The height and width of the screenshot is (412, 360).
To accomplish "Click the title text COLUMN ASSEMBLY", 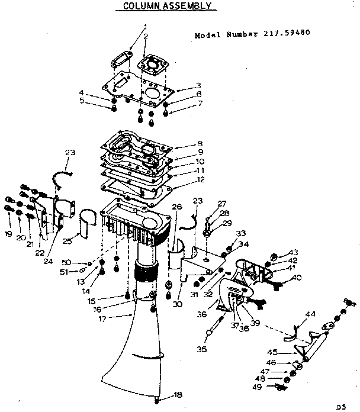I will (x=166, y=7).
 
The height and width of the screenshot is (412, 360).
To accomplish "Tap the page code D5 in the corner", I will (x=340, y=407).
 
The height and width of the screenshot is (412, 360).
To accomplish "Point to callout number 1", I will (x=145, y=26).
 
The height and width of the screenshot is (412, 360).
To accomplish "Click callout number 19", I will (x=8, y=234).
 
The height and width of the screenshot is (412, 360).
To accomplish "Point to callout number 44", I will (x=310, y=313).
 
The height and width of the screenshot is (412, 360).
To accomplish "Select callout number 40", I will (x=297, y=278).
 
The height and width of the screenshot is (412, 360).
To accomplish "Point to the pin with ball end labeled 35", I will (x=213, y=329).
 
